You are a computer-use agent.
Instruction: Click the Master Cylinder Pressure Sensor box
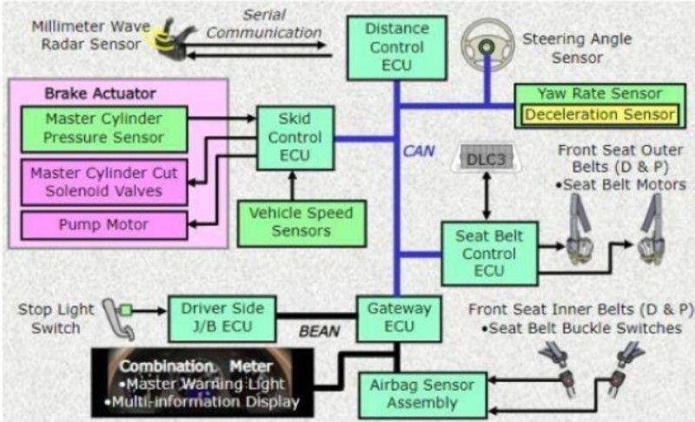103,127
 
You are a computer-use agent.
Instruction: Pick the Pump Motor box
103,225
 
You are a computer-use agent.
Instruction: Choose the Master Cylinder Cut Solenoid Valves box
103,182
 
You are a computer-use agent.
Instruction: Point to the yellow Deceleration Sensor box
599,115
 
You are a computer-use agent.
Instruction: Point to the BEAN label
319,331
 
